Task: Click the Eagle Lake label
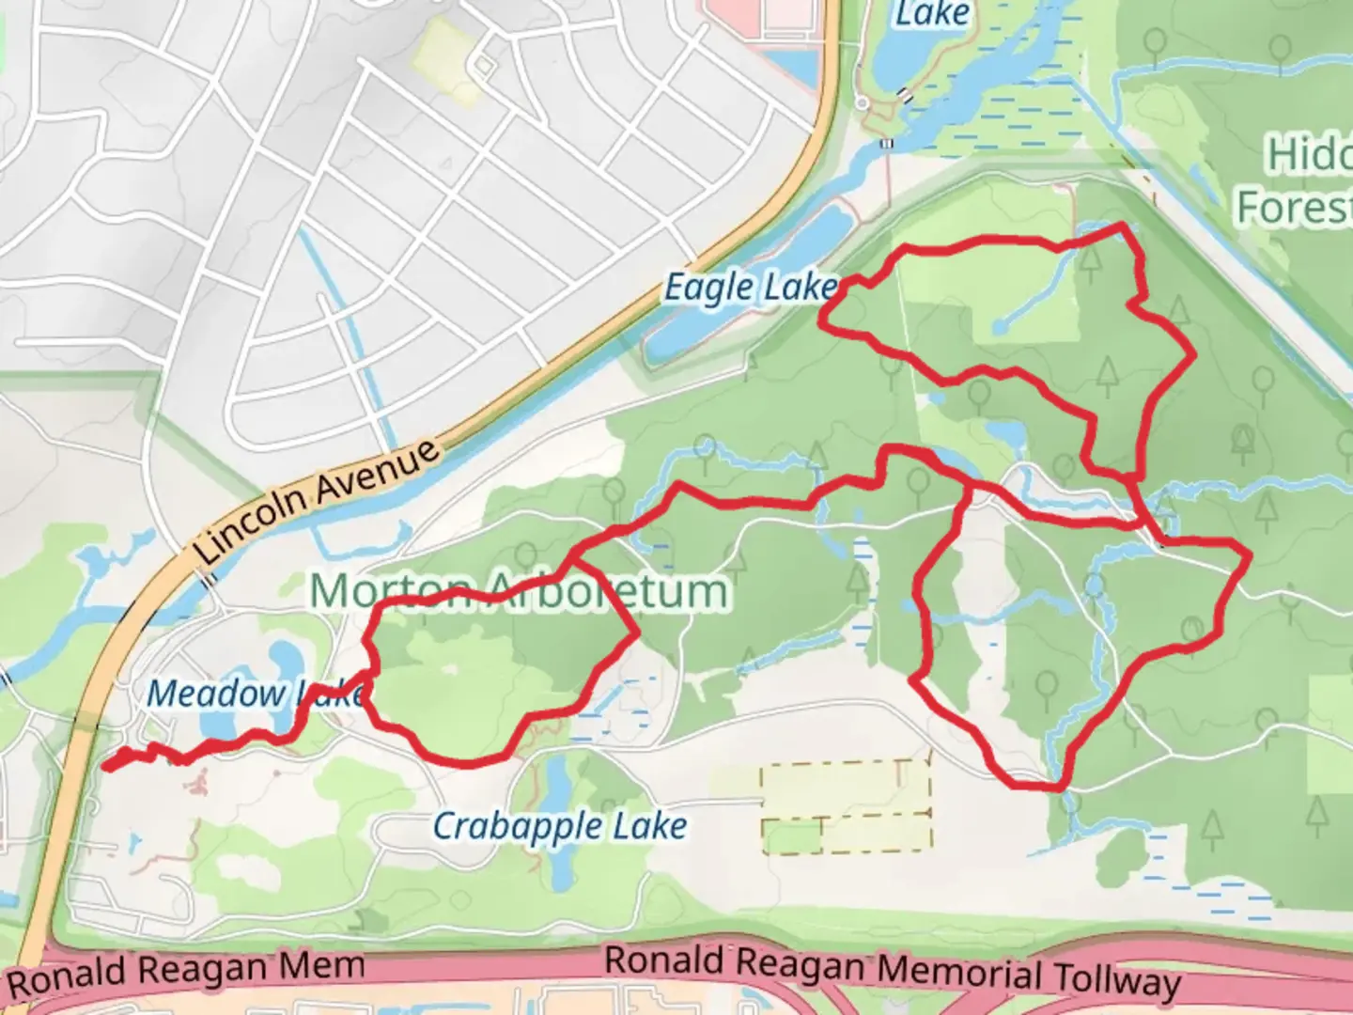(x=750, y=288)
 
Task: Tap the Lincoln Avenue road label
(x=318, y=503)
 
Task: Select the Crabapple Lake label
(x=560, y=827)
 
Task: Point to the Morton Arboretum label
(x=519, y=591)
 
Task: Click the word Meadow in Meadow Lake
(x=216, y=695)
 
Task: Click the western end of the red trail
(x=106, y=765)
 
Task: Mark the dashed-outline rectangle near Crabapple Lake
(x=846, y=806)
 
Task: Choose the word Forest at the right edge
(x=1295, y=207)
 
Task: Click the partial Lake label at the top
(x=932, y=14)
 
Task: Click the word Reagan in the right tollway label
(x=799, y=964)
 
